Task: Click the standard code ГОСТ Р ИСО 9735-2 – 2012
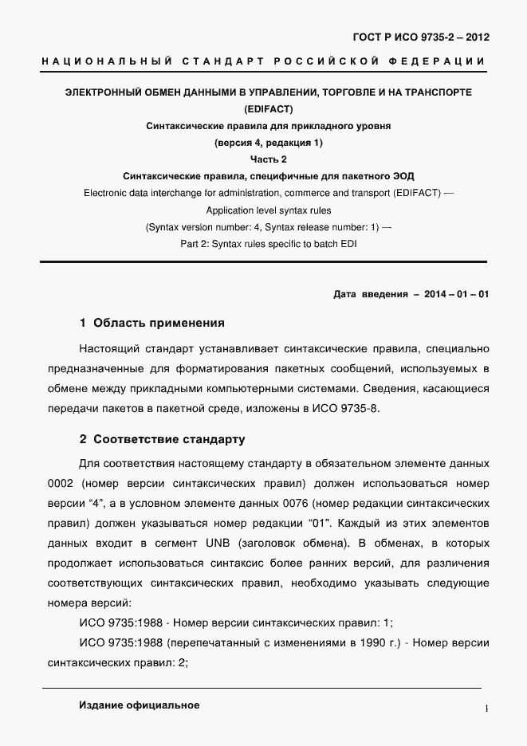pyautogui.click(x=422, y=37)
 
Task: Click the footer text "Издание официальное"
pyautogui.click(x=139, y=705)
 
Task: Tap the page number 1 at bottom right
pyautogui.click(x=486, y=707)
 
